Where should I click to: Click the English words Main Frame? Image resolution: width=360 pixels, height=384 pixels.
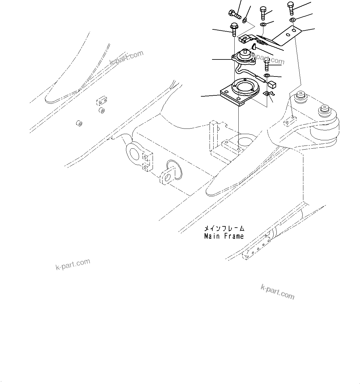224,236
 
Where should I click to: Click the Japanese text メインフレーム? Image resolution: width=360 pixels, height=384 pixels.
224,229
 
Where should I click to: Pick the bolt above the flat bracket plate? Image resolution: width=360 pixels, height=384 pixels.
291,7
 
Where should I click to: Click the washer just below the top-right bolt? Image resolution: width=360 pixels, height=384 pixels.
292,20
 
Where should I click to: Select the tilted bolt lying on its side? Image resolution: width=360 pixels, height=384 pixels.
234,14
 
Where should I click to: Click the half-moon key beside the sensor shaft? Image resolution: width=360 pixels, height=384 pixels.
253,47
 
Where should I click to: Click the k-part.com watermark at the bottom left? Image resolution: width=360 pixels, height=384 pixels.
73,264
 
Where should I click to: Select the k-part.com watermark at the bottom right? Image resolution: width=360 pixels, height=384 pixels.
277,292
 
